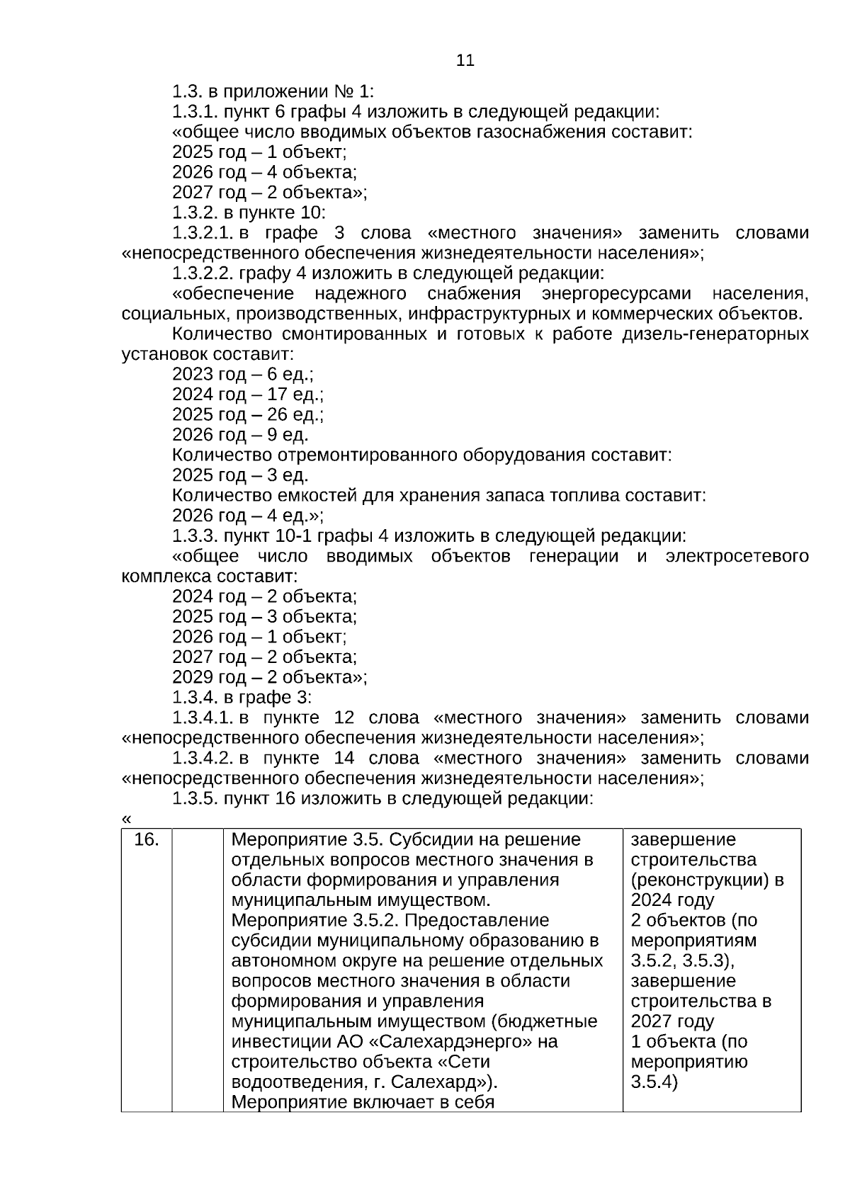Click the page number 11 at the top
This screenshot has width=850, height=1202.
[465, 61]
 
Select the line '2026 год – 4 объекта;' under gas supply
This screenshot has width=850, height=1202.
[264, 172]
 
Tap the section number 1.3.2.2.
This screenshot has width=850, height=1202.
[203, 273]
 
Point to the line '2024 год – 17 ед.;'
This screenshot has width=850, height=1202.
[247, 395]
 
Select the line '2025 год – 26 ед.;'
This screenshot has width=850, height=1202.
[247, 414]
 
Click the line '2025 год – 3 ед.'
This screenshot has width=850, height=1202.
[240, 475]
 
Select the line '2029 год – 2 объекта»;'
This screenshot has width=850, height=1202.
[269, 677]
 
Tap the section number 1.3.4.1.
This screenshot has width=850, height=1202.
[203, 718]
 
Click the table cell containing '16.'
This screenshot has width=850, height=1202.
[147, 840]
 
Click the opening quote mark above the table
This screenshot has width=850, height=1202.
[126, 819]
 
